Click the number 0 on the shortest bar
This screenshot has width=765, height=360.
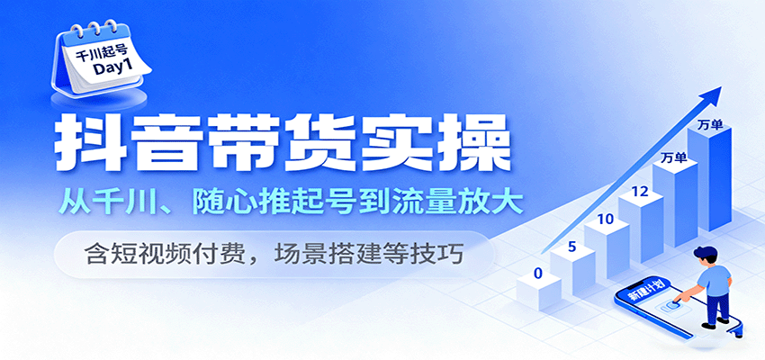point(537,272)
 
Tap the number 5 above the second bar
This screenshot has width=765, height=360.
point(571,245)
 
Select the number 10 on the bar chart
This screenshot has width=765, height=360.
point(605,219)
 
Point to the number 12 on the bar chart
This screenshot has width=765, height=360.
point(641,191)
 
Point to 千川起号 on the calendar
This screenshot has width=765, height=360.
point(101,53)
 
